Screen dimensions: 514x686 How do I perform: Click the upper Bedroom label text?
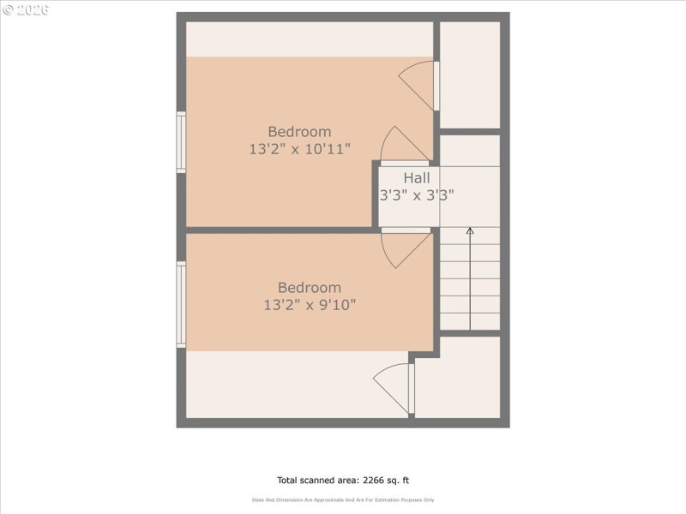point(299,131)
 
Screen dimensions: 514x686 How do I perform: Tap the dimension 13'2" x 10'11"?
point(299,148)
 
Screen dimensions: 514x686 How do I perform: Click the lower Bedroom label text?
point(309,288)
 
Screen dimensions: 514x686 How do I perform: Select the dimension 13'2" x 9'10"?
point(310,304)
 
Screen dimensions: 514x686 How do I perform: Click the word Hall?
point(417,178)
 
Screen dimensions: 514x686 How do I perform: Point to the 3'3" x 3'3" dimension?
point(417,194)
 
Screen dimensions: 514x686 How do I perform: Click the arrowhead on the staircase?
point(469,231)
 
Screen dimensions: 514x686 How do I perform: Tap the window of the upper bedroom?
point(181,142)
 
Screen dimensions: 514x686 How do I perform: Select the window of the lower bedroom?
point(181,304)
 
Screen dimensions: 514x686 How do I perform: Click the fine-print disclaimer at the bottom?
point(342,499)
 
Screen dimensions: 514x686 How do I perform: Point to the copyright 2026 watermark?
point(26,10)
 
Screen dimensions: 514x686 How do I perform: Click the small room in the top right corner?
point(470,75)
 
